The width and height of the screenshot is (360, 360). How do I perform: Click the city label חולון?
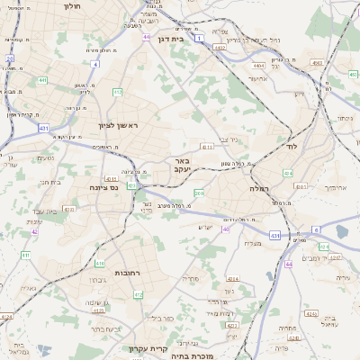click(x=73, y=5)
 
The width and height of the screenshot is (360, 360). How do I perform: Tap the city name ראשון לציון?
click(x=119, y=125)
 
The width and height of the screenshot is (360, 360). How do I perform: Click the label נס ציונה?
click(x=105, y=187)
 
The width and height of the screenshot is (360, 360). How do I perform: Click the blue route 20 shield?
click(x=10, y=58)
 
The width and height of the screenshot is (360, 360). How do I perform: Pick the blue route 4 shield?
click(x=94, y=64)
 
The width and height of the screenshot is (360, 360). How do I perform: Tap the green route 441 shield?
click(x=42, y=80)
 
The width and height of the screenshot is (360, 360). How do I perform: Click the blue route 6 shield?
click(x=316, y=229)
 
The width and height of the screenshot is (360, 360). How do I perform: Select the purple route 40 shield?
click(x=226, y=229)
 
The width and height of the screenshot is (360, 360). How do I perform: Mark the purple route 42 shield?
click(x=34, y=231)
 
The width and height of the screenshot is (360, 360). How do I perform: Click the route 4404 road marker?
click(x=259, y=66)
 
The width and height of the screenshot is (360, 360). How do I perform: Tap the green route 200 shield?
click(x=199, y=193)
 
